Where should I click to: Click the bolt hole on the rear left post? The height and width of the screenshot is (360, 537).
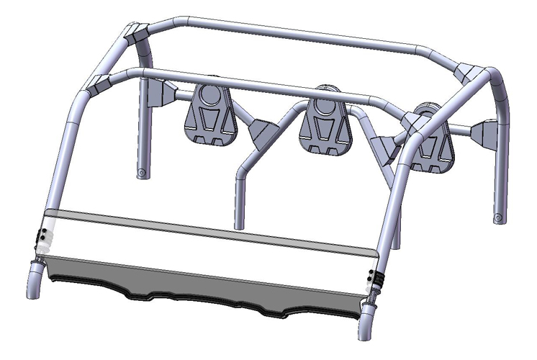pyautogui.click(x=142, y=173)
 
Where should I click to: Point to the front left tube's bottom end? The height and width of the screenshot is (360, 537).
pyautogui.click(x=32, y=288)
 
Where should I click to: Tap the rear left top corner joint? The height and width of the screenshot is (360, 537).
pyautogui.click(x=136, y=32)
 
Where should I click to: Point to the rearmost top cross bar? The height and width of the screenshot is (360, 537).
pyautogui.click(x=302, y=32)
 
